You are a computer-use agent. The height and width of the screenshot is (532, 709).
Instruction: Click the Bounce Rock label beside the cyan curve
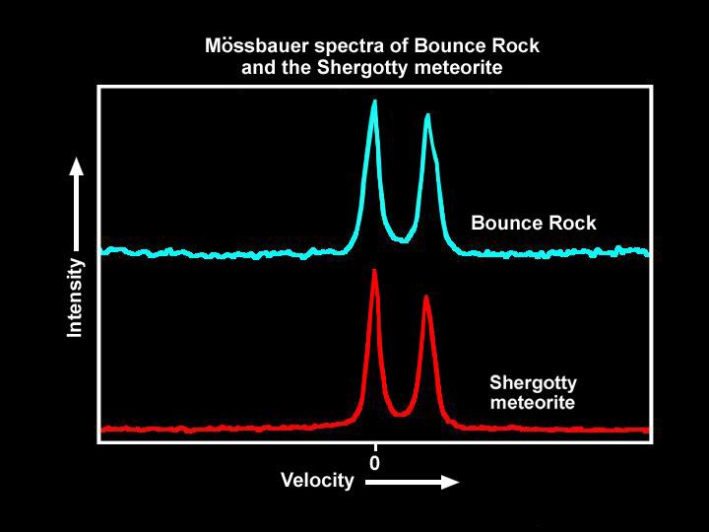pyautogui.click(x=533, y=224)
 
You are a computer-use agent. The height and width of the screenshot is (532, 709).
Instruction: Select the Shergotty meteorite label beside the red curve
pyautogui.click(x=533, y=392)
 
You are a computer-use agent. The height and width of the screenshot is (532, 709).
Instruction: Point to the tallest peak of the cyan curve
pyautogui.click(x=374, y=101)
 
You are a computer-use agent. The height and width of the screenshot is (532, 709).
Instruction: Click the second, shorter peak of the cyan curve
pyautogui.click(x=427, y=116)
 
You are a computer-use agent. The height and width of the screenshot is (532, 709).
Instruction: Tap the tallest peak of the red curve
pyautogui.click(x=374, y=271)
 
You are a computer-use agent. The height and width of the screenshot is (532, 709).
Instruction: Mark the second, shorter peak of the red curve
pyautogui.click(x=426, y=297)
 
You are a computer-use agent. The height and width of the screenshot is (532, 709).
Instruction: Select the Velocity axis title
pyautogui.click(x=317, y=481)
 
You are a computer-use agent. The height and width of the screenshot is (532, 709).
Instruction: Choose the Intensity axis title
pyautogui.click(x=75, y=298)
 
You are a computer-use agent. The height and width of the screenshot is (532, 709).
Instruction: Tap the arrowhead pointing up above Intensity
pyautogui.click(x=76, y=167)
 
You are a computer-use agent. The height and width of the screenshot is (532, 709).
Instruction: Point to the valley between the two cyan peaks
pyautogui.click(x=401, y=238)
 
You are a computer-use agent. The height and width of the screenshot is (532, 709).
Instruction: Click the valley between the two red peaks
pyautogui.click(x=399, y=413)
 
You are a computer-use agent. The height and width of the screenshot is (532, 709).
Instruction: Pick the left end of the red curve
pyautogui.click(x=102, y=430)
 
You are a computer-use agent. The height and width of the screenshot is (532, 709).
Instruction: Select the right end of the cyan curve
pyautogui.click(x=647, y=252)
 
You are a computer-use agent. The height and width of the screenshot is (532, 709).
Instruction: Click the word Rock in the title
pyautogui.click(x=519, y=46)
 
